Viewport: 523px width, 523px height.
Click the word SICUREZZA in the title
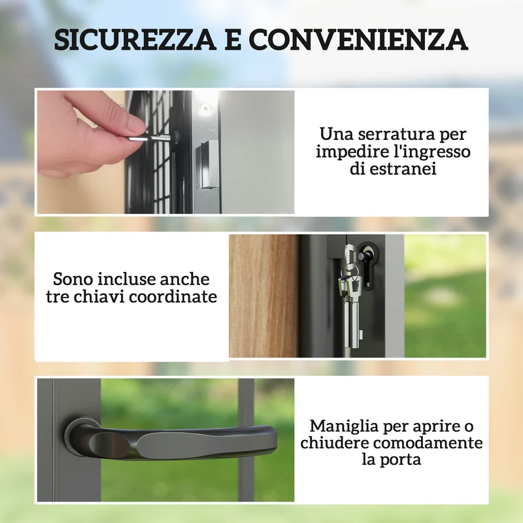[135, 39]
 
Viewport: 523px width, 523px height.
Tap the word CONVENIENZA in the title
[358, 39]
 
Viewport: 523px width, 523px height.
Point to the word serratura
[394, 134]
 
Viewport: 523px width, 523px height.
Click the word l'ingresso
[431, 152]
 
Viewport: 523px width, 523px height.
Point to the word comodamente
[428, 443]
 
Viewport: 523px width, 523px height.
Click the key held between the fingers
[150, 137]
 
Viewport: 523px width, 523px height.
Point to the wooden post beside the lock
[263, 296]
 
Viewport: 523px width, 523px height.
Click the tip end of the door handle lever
[273, 437]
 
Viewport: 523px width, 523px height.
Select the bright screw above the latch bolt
[205, 108]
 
